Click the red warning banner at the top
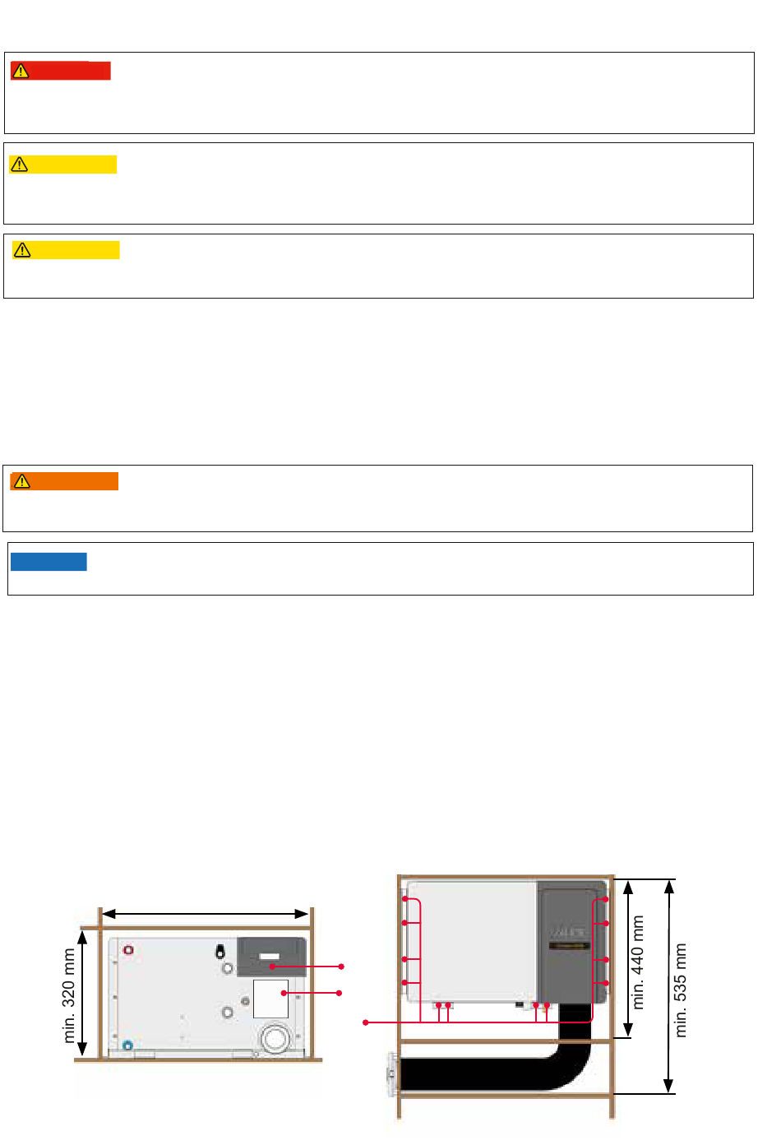point(60,71)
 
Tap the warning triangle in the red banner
point(21,72)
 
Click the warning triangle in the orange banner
point(22,481)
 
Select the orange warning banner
point(64,481)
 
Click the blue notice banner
point(49,562)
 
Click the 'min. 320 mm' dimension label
point(69,995)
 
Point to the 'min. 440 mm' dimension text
point(638,962)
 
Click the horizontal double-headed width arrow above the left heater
point(205,914)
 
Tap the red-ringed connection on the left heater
point(128,951)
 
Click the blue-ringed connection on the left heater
point(127,1045)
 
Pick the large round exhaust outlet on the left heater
point(275,1038)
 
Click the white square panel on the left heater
point(270,999)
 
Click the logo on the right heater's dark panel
point(568,933)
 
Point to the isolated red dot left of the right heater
point(366,1022)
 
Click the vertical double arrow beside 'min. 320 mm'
point(82,993)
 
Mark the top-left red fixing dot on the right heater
point(404,900)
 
